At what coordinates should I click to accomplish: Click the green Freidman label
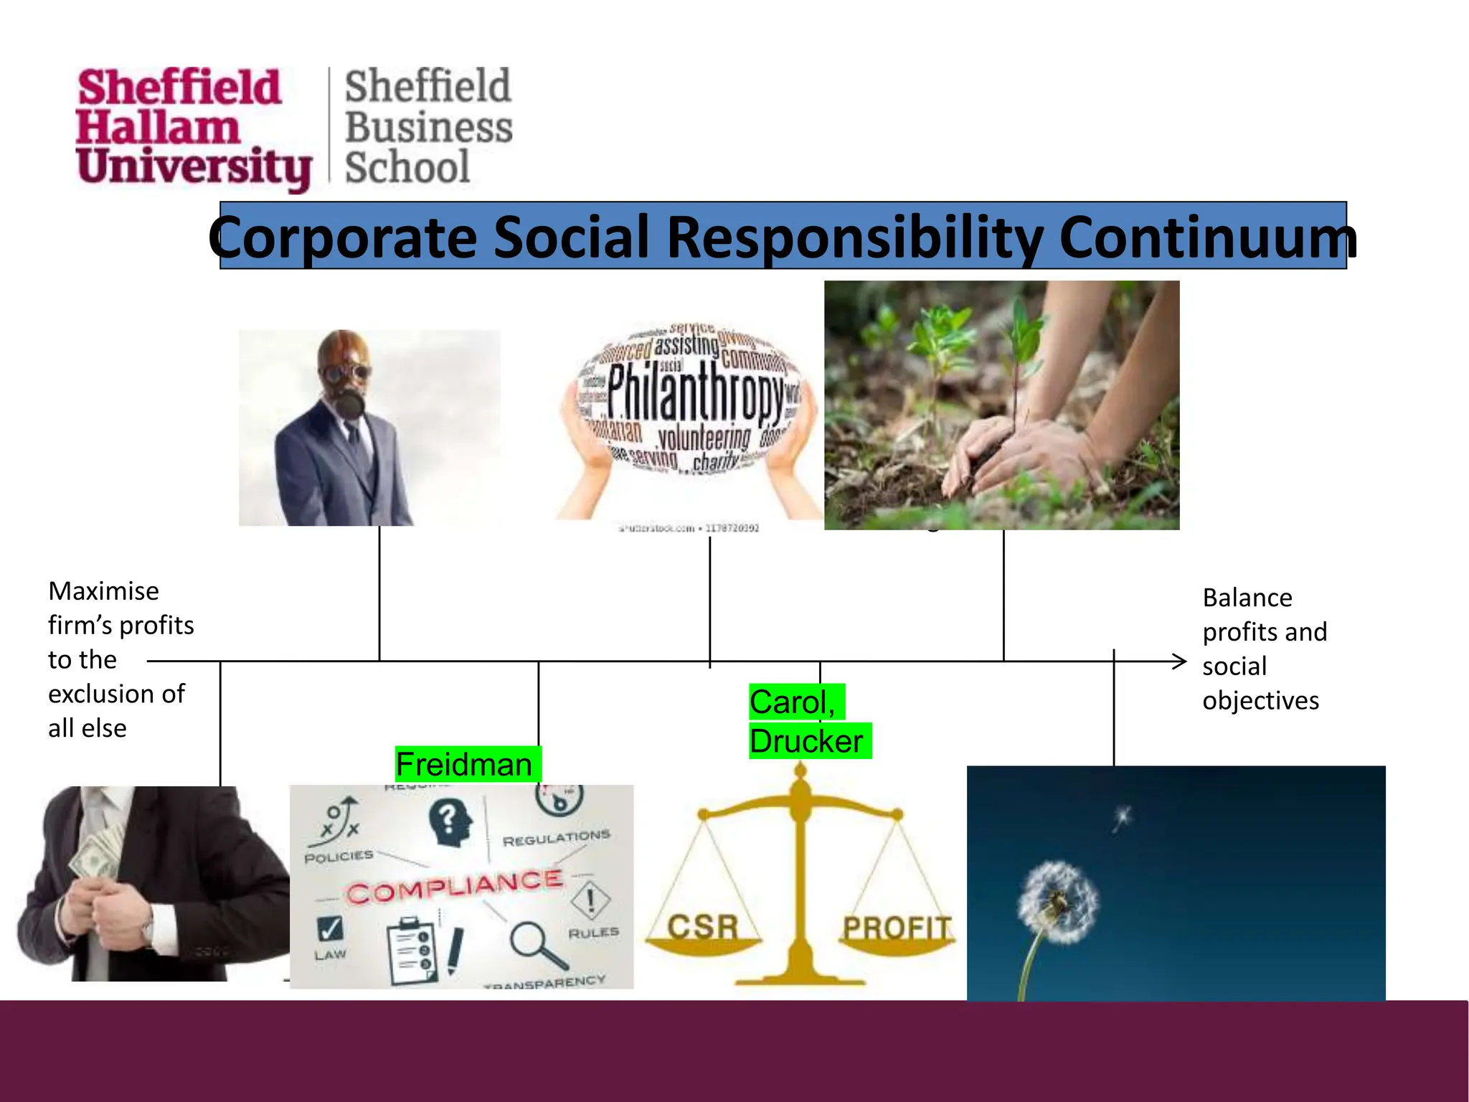(x=465, y=764)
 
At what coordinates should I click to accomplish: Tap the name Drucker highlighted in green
(x=806, y=741)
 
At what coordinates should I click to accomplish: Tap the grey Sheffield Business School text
(x=428, y=126)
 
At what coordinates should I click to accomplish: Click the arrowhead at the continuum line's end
(x=1179, y=661)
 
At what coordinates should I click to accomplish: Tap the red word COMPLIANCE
(x=455, y=887)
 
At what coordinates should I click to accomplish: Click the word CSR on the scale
(x=702, y=926)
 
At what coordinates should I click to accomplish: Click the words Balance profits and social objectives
(x=1264, y=649)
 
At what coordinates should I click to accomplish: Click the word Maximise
(x=103, y=591)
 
